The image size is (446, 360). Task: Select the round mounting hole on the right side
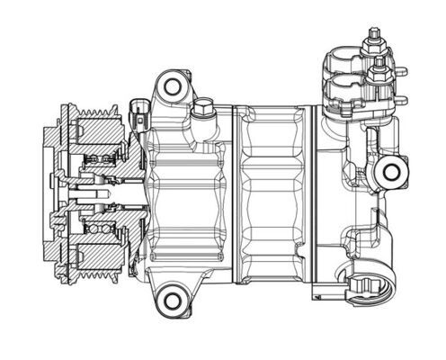click(392, 171)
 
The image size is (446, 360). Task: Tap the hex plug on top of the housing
click(204, 111)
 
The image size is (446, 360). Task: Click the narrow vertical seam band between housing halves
click(236, 193)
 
